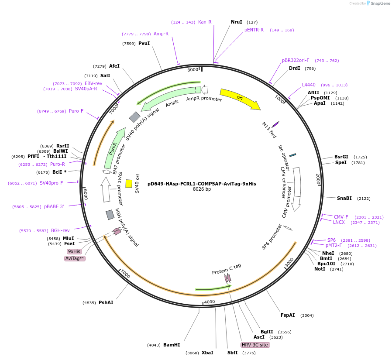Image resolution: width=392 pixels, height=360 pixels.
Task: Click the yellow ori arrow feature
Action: point(240,99)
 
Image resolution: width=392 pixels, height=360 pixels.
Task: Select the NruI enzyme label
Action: point(236,22)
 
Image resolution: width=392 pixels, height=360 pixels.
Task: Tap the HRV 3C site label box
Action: point(255,345)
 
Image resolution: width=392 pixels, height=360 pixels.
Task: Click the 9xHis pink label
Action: point(74,251)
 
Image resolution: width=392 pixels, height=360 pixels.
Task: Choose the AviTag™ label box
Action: point(75,258)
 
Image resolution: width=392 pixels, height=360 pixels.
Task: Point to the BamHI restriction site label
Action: point(172,345)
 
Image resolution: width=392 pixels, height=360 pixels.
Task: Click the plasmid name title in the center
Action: point(202,184)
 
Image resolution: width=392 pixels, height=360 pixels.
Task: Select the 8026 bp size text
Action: point(202,189)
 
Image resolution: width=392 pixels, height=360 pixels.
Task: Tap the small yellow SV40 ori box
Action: point(129,184)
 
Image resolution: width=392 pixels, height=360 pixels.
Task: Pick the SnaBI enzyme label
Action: point(344,198)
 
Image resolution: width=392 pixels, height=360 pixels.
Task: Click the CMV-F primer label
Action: point(341,217)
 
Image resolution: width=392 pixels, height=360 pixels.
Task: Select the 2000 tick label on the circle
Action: point(318,178)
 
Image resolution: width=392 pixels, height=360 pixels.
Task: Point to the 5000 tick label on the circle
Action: point(125,274)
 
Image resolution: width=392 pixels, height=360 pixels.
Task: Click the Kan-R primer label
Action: point(205,22)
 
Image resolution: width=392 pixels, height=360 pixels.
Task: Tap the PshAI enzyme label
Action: point(106,302)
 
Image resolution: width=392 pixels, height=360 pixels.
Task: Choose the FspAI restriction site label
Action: point(288,315)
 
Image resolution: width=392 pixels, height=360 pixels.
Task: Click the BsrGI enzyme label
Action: point(341,157)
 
